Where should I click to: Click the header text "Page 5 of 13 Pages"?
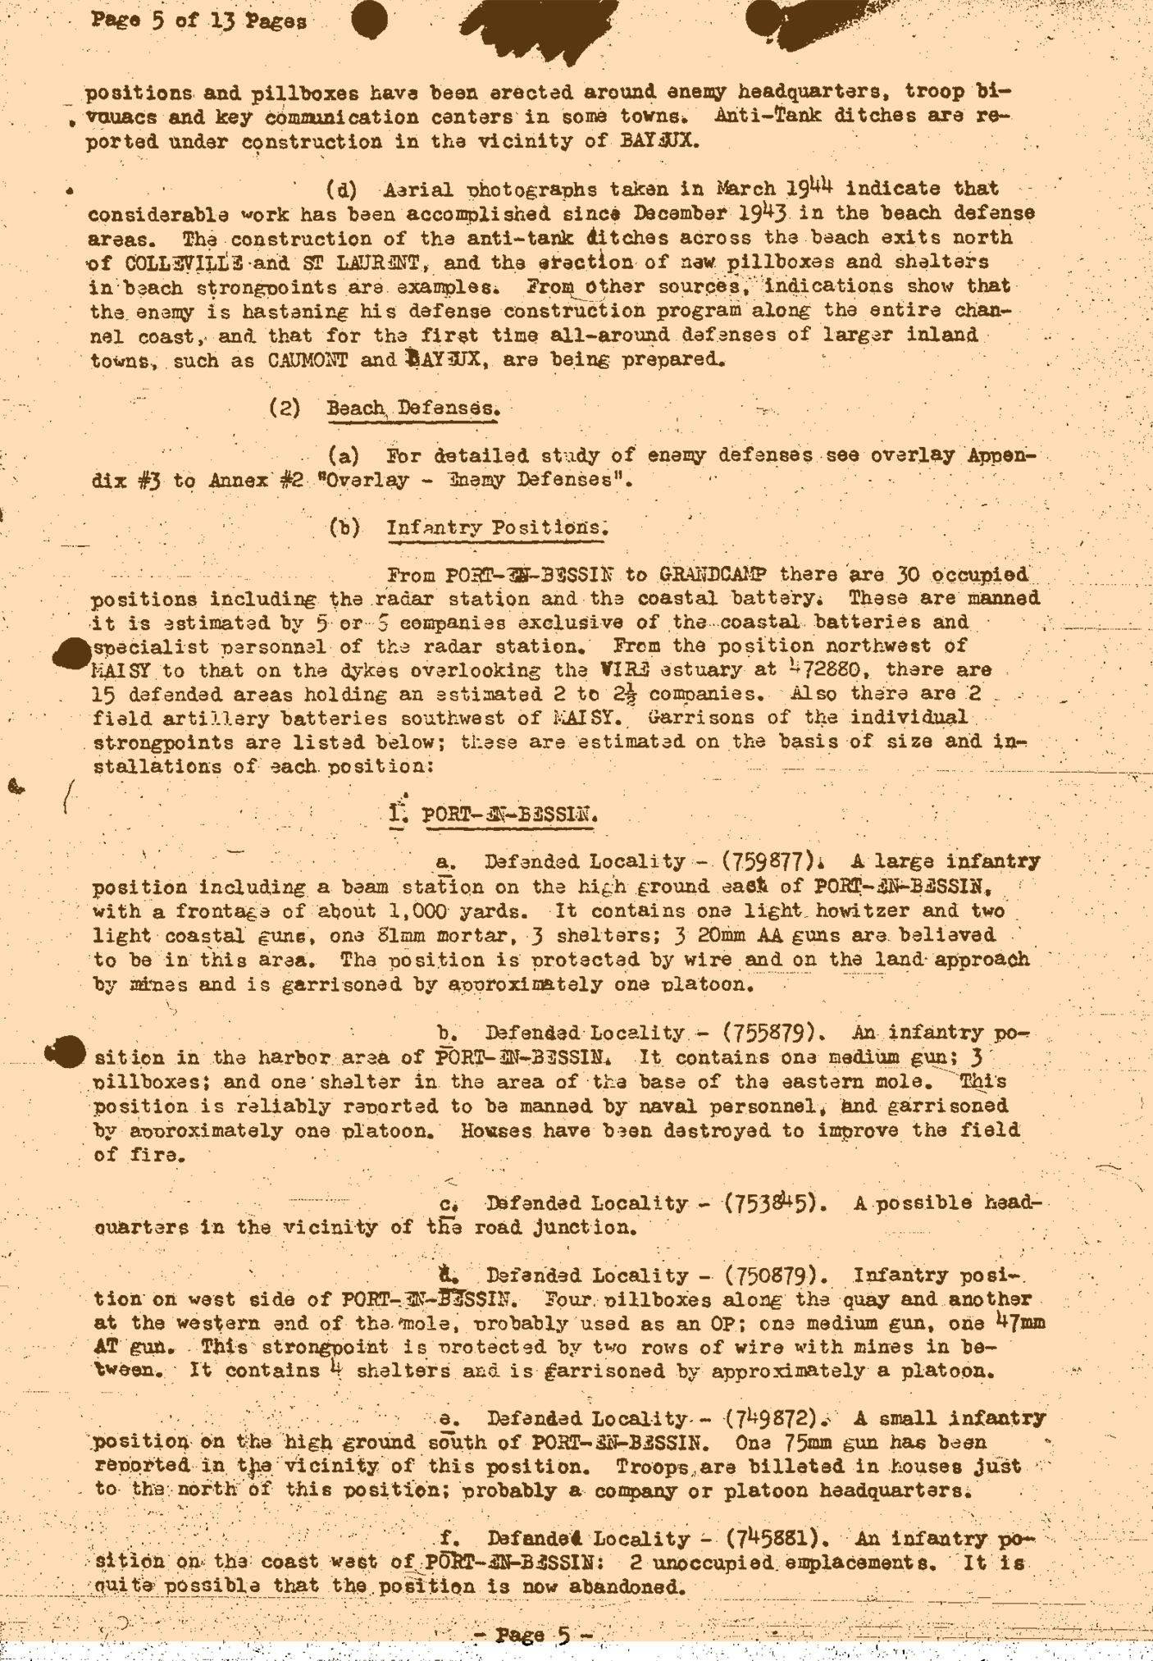[199, 21]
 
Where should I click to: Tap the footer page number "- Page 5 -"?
[533, 1635]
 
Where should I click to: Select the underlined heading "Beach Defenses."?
[413, 408]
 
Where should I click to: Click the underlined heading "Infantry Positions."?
[498, 527]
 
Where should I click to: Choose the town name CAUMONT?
[308, 360]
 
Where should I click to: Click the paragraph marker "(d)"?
[341, 190]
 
